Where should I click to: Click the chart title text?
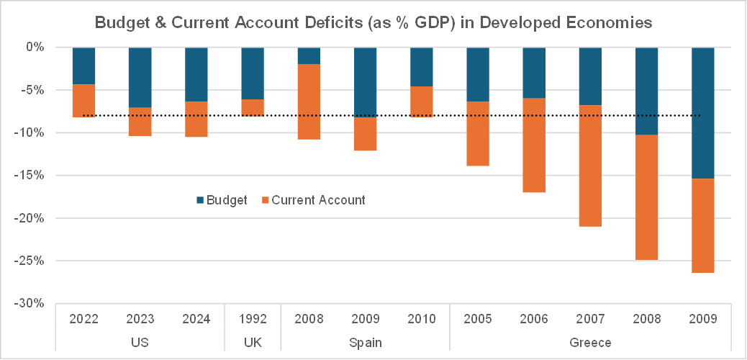(373, 23)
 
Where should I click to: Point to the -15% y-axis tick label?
(31, 175)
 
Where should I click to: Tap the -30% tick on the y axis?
(31, 303)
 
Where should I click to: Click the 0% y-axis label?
(35, 47)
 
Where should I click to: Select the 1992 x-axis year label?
(253, 319)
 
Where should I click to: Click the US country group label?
(140, 341)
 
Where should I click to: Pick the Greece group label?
(590, 341)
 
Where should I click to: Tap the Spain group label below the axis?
(365, 341)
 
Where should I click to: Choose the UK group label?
(253, 341)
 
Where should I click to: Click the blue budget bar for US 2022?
(84, 66)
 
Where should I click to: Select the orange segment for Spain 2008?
(309, 102)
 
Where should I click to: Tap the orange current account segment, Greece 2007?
(590, 166)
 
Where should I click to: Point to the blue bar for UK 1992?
(253, 73)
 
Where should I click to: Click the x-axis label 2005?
(478, 319)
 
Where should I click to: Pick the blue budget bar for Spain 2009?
(365, 82)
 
